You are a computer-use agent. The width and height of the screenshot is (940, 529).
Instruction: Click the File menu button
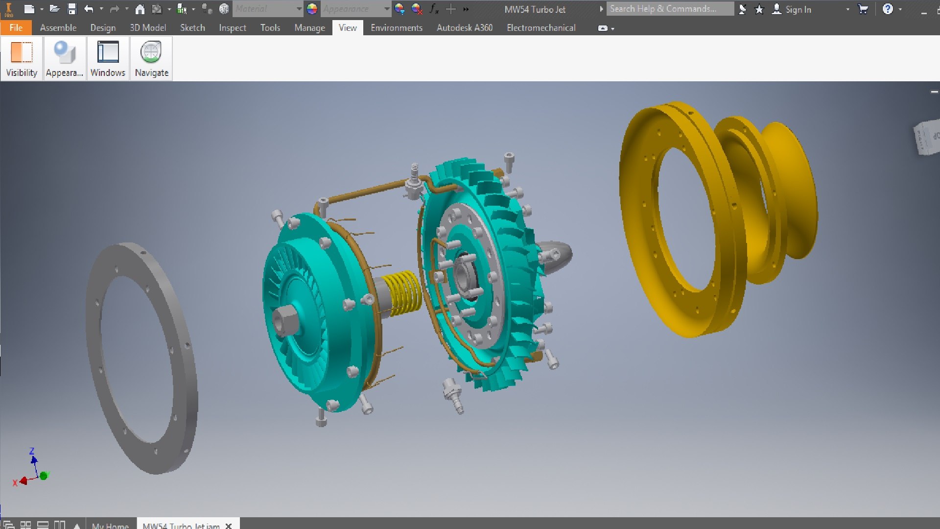click(x=16, y=28)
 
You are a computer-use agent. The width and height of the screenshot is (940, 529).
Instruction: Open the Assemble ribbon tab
click(x=58, y=28)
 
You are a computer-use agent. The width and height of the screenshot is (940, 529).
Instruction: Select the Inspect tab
click(x=232, y=28)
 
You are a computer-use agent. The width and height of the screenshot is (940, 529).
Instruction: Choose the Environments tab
click(x=396, y=28)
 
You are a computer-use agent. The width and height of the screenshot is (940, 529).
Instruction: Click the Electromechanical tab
click(x=540, y=28)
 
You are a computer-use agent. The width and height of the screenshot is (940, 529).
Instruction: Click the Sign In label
click(x=798, y=9)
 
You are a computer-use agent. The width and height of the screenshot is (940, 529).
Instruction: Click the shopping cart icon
click(x=863, y=9)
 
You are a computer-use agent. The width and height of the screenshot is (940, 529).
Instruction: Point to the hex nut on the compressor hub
click(x=283, y=321)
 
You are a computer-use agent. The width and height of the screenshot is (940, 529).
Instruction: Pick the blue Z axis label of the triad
click(x=32, y=451)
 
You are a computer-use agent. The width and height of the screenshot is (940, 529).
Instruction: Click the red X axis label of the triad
click(x=15, y=483)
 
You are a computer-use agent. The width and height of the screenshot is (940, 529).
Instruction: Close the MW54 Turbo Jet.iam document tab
click(x=228, y=526)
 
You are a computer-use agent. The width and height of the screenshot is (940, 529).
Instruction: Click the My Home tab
click(x=110, y=526)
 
